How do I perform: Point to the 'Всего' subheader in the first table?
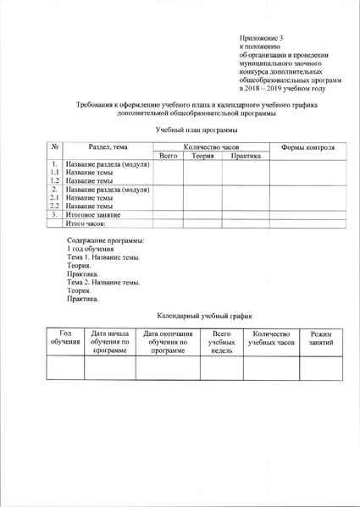(168, 156)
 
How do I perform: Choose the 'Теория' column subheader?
(202, 156)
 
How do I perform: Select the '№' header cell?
(53, 148)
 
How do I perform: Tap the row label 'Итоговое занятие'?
(93, 215)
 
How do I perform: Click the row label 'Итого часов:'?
(88, 223)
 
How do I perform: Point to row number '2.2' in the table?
(53, 206)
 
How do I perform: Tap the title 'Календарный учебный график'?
(197, 314)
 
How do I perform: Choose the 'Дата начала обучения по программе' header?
(110, 342)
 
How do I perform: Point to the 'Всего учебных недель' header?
(221, 342)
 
